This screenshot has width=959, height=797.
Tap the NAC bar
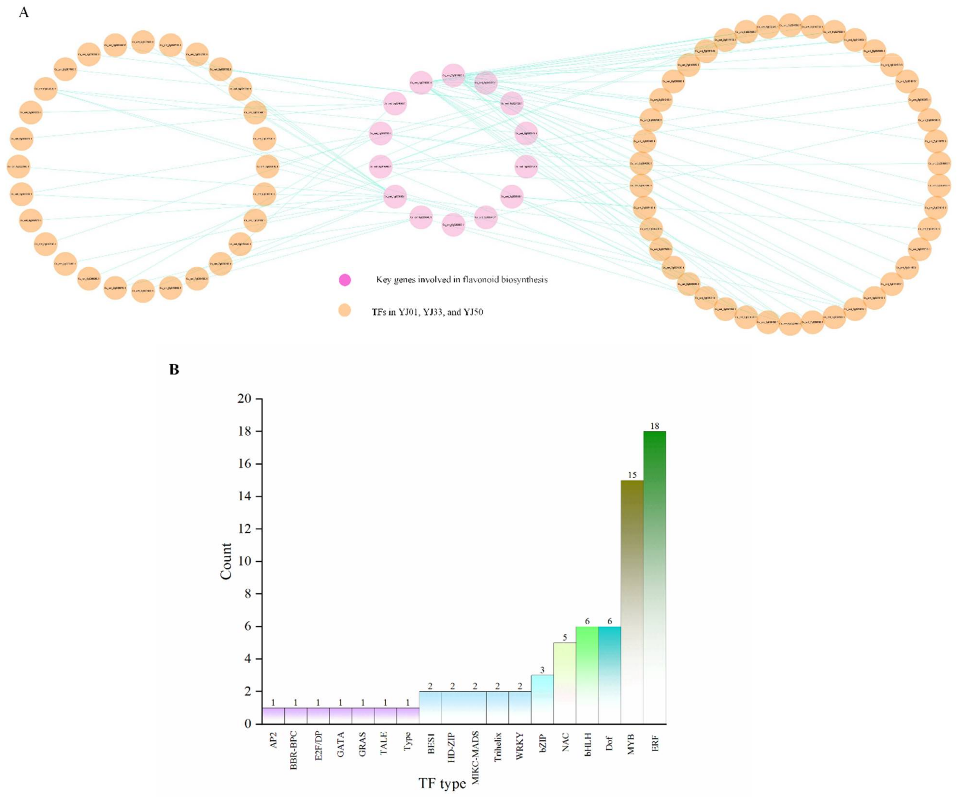564,683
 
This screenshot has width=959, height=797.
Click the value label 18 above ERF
654,426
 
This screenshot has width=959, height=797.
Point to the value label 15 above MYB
632,475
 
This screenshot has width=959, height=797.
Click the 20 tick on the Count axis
244,399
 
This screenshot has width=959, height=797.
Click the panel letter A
24,12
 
